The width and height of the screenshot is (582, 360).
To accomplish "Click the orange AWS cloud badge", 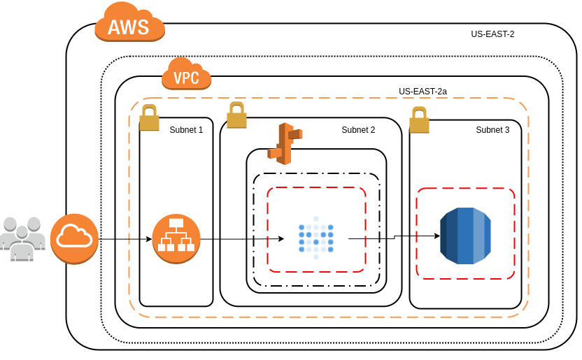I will point(129,23).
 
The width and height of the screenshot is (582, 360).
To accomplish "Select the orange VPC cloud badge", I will point(186,74).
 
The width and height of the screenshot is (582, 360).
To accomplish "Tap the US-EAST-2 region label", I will point(492,34).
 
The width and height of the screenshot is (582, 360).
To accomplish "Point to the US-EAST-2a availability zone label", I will point(423,92).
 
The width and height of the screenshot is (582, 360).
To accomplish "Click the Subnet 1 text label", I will point(186,129).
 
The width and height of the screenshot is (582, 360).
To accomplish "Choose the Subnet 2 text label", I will point(358,129).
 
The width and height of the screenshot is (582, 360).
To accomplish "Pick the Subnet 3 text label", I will point(492,129).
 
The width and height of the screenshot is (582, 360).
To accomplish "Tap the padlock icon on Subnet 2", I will point(236,115).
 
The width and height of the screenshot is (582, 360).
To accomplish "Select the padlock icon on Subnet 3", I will point(419,120).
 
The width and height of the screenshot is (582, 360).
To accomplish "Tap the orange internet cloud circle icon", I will point(74,238).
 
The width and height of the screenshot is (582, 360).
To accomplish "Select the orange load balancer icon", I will point(176,238).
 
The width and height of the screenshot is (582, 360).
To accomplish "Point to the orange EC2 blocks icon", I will point(284,143).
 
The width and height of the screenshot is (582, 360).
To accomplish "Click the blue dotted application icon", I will point(315,238).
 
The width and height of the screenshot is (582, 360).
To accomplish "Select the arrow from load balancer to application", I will point(241,239).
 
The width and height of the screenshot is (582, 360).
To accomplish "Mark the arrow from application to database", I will point(392,238).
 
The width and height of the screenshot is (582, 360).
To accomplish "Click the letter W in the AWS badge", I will point(129,27).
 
